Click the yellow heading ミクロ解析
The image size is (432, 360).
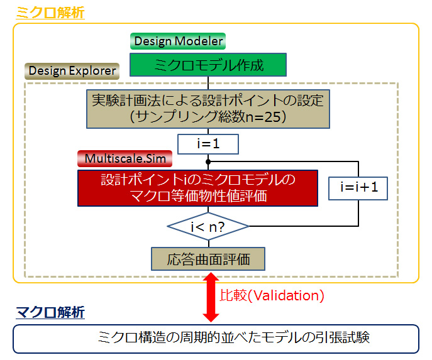(50, 13)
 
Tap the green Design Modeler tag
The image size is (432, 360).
(178, 41)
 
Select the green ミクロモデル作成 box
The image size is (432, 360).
(208, 65)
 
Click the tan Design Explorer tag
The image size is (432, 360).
(72, 71)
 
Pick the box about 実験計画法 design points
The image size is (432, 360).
(208, 109)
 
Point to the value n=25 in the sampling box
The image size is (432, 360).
(263, 117)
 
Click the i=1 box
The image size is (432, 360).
(208, 144)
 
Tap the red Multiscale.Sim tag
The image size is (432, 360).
(125, 158)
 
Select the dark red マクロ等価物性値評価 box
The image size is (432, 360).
(198, 188)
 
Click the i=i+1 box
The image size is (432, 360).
(358, 188)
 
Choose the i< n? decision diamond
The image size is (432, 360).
(208, 227)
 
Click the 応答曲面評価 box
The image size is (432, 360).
(208, 259)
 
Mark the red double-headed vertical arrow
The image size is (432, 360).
(211, 297)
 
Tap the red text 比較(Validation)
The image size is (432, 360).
(272, 295)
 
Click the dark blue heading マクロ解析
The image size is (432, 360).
(50, 312)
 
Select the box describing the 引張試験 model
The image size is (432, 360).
(216, 339)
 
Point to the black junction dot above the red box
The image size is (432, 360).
(208, 161)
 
